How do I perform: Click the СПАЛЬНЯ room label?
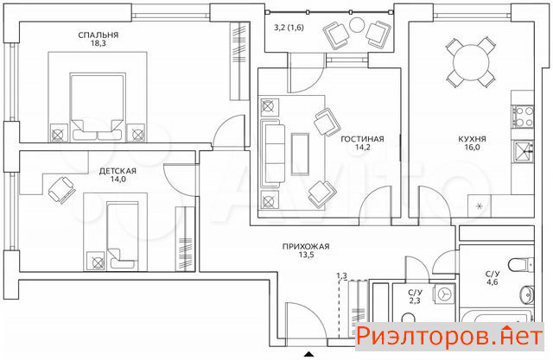pyautogui.click(x=98, y=35)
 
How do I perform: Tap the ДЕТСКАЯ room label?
pyautogui.click(x=118, y=171)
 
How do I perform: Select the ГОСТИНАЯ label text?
pyautogui.click(x=362, y=139)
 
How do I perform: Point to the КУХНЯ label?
pyautogui.click(x=473, y=139)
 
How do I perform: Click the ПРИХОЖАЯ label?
pyautogui.click(x=306, y=247)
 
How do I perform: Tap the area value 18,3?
pyautogui.click(x=98, y=44)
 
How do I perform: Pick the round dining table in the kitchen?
pyautogui.click(x=471, y=63)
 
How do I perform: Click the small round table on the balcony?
pyautogui.click(x=357, y=25)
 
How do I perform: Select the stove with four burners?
pyautogui.click(x=524, y=117)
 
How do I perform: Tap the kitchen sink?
pyautogui.click(x=524, y=151)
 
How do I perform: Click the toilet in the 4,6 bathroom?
pyautogui.click(x=521, y=264)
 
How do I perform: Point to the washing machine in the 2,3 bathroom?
pyautogui.click(x=444, y=294)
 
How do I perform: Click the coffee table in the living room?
pyautogui.click(x=300, y=154)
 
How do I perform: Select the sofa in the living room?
pyautogui.click(x=272, y=154)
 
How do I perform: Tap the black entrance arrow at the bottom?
pyautogui.click(x=309, y=354)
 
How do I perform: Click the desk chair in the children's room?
pyautogui.click(x=61, y=190)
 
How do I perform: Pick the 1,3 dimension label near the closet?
pyautogui.click(x=341, y=275)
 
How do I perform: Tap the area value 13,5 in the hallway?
pyautogui.click(x=306, y=255)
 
